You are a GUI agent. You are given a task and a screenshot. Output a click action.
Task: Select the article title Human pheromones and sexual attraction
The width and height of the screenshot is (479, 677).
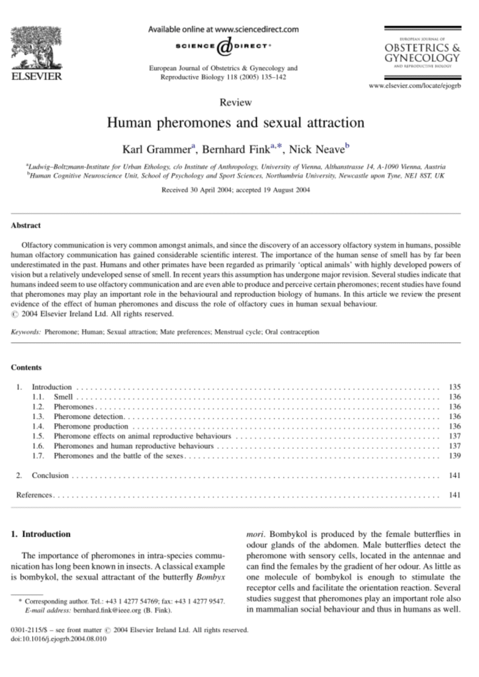coord(239,123)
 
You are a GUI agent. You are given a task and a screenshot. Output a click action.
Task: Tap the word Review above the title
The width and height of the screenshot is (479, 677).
coord(239,102)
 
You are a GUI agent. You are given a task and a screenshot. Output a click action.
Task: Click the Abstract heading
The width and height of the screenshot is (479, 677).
coord(26,225)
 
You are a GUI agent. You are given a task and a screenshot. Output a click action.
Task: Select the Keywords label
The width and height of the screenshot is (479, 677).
coord(27,332)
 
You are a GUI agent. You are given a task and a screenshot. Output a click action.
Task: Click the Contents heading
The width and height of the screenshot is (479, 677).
coord(26,368)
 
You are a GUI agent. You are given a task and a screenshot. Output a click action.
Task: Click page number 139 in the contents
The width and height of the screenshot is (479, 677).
coord(454,456)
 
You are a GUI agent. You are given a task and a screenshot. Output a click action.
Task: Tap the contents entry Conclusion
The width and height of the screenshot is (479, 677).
coord(50,475)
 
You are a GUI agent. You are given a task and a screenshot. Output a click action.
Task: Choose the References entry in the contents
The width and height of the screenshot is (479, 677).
coord(34,495)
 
